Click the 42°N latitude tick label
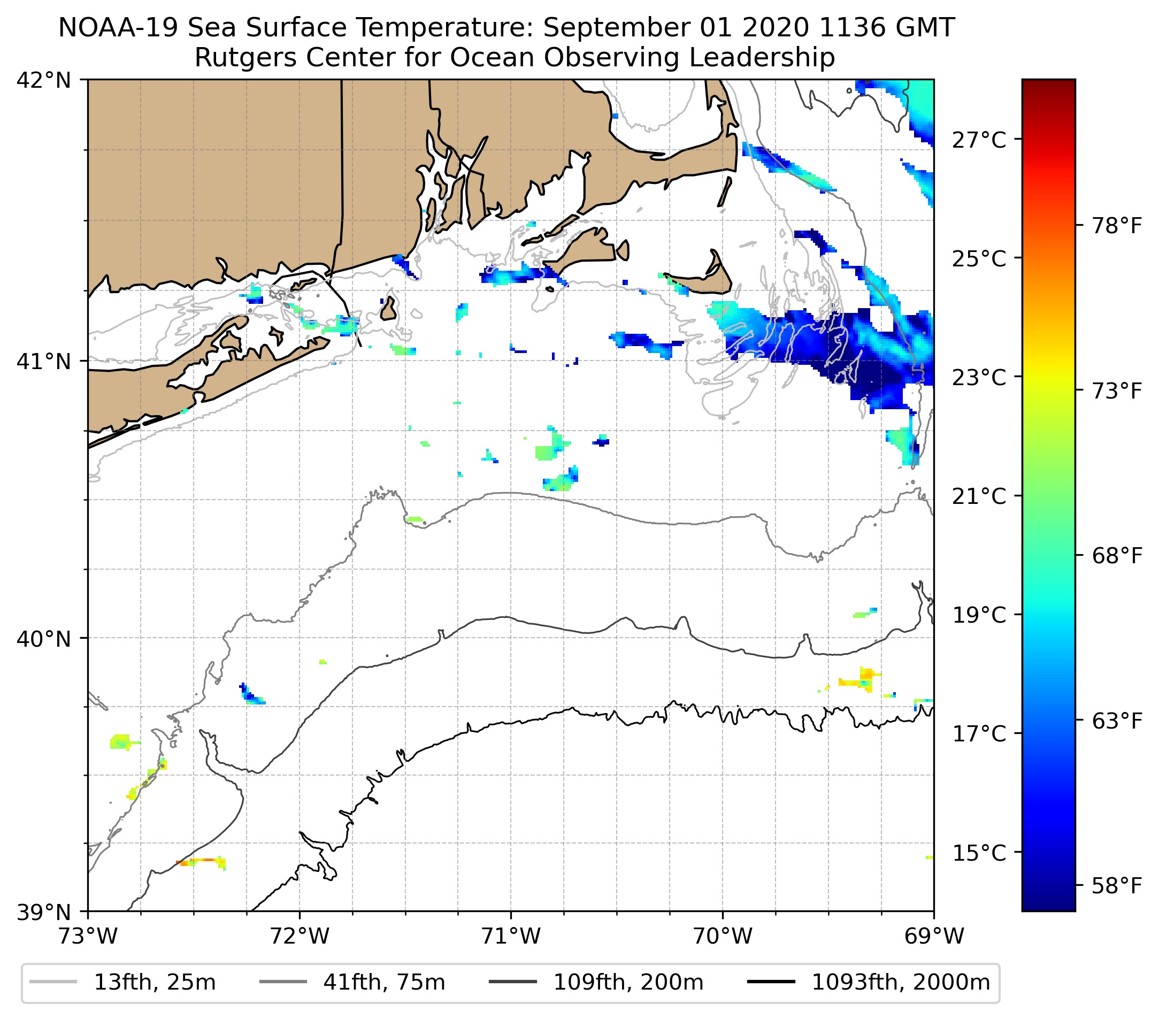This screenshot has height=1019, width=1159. [x=44, y=81]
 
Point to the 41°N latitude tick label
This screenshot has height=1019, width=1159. [x=44, y=361]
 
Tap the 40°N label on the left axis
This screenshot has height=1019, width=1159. [x=44, y=639]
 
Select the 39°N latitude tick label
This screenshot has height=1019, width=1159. [x=44, y=913]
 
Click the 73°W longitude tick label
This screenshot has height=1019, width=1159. [x=88, y=937]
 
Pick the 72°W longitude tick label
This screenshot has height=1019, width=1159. [x=300, y=937]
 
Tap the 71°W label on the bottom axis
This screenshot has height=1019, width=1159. [x=511, y=937]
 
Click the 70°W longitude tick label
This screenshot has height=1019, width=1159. [x=723, y=937]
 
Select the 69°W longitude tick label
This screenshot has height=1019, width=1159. [x=934, y=937]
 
